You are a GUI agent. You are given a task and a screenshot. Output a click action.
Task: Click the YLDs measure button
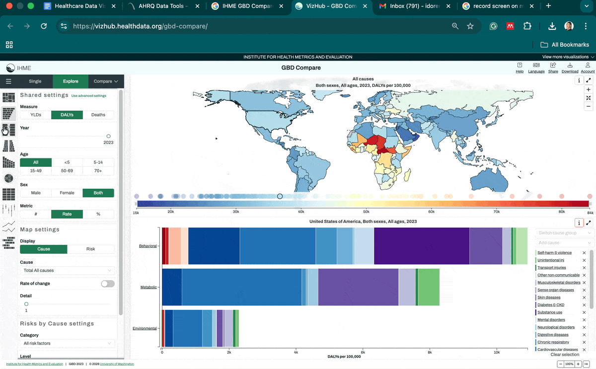(36, 115)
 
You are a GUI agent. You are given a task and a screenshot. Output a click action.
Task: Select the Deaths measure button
(98, 115)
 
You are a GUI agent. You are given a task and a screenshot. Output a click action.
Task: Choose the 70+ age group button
(98, 171)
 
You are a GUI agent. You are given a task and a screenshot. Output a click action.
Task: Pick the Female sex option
(67, 193)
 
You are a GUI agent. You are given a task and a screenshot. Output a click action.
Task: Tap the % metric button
(98, 214)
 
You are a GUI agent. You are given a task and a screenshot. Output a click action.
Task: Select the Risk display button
(90, 249)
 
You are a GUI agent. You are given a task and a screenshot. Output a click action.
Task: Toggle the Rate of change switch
(107, 284)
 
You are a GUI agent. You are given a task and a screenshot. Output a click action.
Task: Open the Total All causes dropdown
(67, 271)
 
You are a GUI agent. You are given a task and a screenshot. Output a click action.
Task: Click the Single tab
(35, 81)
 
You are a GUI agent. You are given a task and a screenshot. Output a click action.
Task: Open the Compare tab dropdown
(106, 81)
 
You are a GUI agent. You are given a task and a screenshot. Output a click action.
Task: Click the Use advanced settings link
(89, 96)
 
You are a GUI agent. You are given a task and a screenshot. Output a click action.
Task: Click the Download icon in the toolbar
(570, 68)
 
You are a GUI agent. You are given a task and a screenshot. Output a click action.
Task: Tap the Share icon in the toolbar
(553, 68)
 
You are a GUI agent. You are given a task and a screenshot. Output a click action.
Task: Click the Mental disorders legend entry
(551, 320)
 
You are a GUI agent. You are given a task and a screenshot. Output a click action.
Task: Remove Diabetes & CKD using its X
(584, 305)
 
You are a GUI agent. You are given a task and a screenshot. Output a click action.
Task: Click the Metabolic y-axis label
(149, 287)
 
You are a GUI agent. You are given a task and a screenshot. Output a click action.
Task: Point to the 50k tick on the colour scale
(366, 212)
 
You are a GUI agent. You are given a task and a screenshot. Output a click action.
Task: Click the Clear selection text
(565, 355)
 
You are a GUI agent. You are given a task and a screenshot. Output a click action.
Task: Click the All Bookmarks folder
(565, 45)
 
